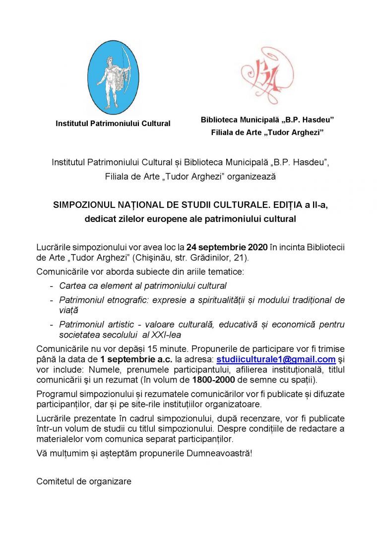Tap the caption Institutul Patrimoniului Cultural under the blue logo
point(113,124)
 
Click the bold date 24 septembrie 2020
point(227,247)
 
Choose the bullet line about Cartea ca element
point(142,285)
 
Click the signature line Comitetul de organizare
point(84,481)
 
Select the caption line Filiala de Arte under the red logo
point(267,133)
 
